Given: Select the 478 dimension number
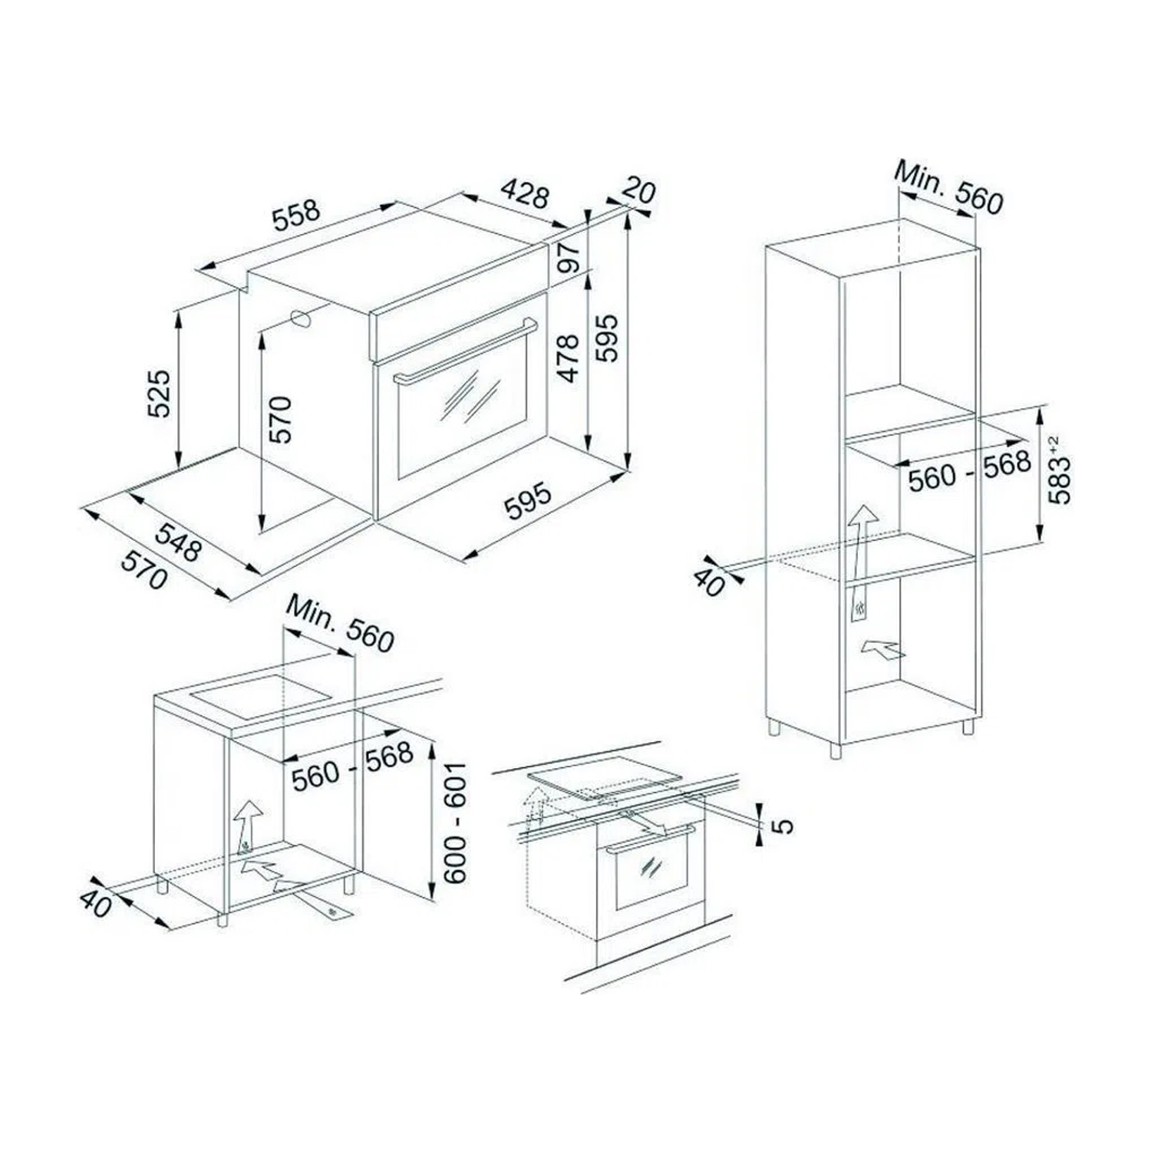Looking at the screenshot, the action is [x=568, y=358].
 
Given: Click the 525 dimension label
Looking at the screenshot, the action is [x=159, y=394].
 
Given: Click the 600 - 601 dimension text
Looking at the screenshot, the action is [x=454, y=822].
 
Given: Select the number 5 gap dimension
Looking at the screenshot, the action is [x=780, y=826].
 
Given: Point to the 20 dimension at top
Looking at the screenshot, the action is [x=638, y=191].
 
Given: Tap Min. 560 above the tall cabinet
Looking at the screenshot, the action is [x=949, y=189].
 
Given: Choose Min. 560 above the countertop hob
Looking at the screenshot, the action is [x=340, y=623].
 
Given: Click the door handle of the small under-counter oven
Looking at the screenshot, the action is [x=651, y=841].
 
